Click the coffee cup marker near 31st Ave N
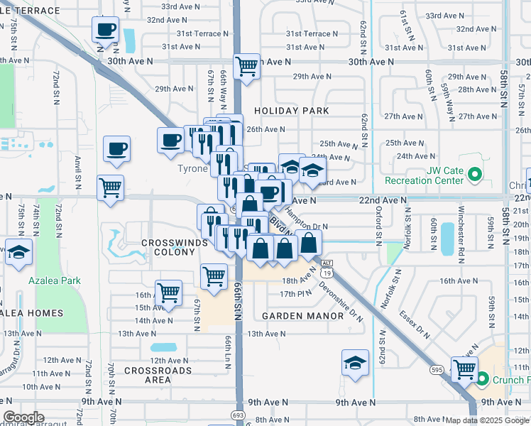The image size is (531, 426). tap(105, 31)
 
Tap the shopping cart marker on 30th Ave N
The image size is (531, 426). tap(246, 67)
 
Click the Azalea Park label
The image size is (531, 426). tap(55, 280)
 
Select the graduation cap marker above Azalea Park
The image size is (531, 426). tap(19, 253)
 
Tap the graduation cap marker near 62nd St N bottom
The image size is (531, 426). tap(355, 364)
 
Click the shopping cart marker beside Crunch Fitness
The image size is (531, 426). tap(464, 368)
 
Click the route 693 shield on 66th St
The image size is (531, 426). tap(239, 414)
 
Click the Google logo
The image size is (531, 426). tap(23, 417)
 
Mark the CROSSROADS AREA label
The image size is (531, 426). tap(158, 376)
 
